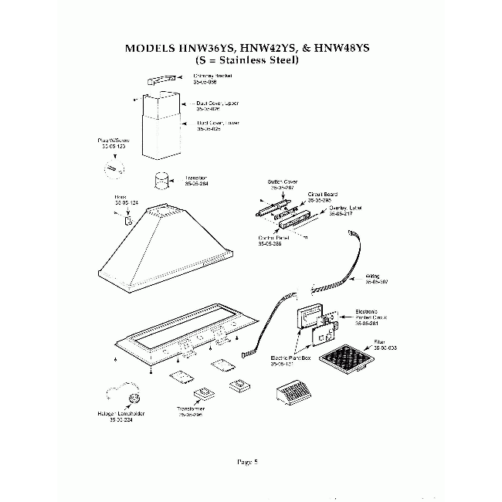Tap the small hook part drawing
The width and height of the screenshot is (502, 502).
click(x=129, y=221)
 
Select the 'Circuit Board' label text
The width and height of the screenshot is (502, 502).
click(x=323, y=195)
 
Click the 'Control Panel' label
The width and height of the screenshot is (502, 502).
click(x=273, y=239)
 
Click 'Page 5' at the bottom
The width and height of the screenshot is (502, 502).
click(x=247, y=462)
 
